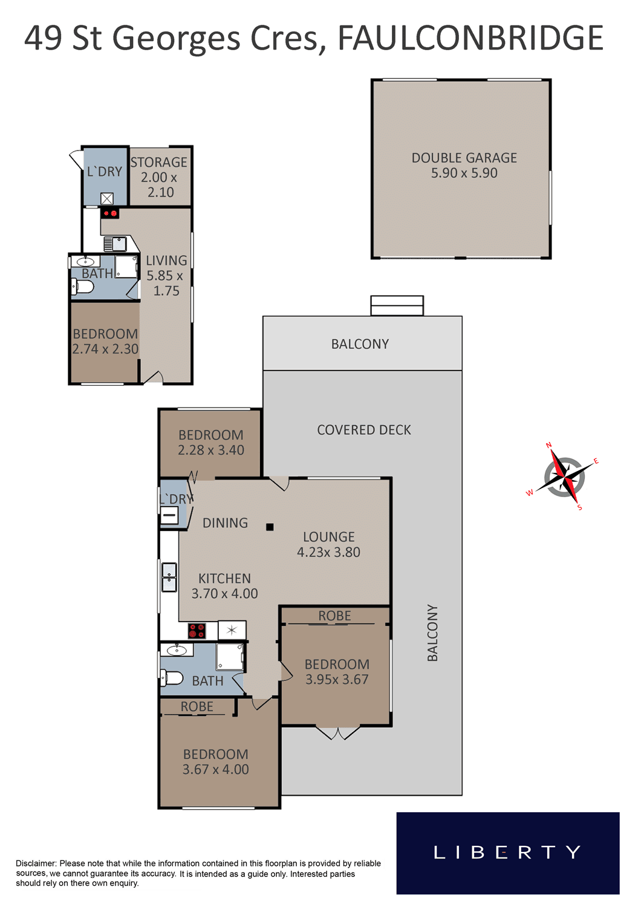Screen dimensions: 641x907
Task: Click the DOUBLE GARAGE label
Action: tap(464, 158)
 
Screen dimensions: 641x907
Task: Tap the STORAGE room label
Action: tap(158, 163)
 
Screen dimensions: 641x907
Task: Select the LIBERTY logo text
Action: tap(507, 853)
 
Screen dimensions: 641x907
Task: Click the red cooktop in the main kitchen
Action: tap(197, 631)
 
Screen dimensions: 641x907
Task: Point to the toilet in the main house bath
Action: tap(172, 677)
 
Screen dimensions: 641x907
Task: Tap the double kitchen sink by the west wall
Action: tap(169, 577)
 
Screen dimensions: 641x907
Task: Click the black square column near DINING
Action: tap(270, 527)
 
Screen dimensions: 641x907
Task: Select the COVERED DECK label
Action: tap(363, 429)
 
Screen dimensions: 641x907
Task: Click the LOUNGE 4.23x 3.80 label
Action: tap(328, 544)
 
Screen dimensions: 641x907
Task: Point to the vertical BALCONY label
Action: tap(432, 633)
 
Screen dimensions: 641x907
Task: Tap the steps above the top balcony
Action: tap(397, 305)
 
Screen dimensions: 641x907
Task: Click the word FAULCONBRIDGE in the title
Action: tap(470, 37)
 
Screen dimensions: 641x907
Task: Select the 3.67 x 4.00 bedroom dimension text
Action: tap(215, 769)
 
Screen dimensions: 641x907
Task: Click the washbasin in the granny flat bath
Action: tap(85, 261)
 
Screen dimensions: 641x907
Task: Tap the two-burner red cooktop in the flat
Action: tap(109, 213)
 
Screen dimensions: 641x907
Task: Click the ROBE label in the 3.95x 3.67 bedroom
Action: tap(334, 616)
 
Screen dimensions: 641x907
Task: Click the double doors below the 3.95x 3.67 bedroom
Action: tap(337, 732)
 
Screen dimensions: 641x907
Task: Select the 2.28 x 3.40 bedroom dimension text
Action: tap(211, 450)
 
